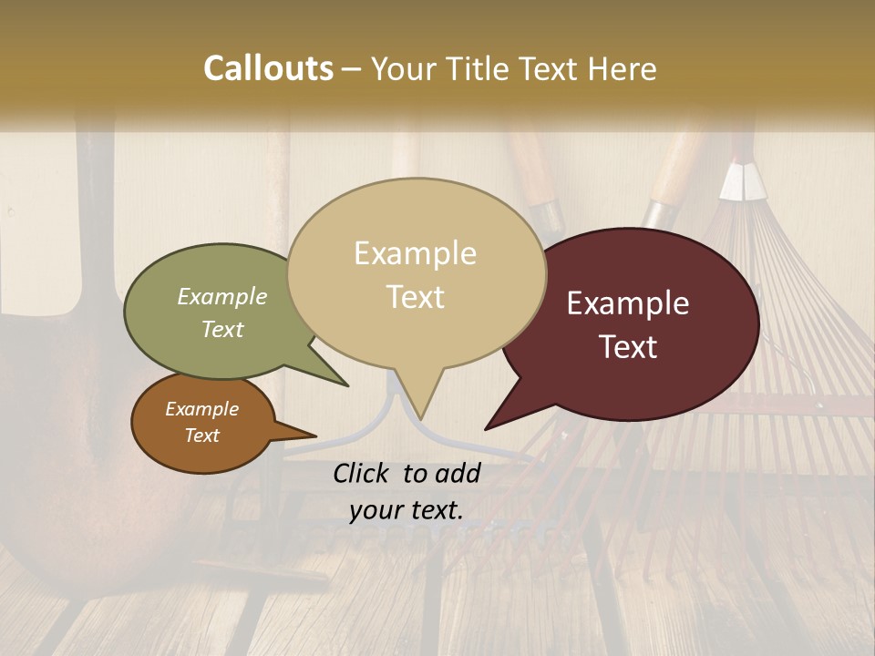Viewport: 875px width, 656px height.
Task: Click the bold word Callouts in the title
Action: click(x=268, y=68)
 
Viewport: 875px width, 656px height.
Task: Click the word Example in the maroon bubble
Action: click(x=628, y=303)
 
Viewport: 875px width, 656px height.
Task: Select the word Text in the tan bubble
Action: click(x=416, y=297)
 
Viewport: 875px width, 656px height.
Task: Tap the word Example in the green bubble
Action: click(x=222, y=296)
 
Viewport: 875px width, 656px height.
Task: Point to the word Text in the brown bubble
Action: click(x=202, y=436)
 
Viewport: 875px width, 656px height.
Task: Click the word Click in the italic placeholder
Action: click(x=364, y=473)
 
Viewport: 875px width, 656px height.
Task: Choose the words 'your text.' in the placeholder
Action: click(x=407, y=510)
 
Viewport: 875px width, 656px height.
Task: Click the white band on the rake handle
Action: click(x=740, y=182)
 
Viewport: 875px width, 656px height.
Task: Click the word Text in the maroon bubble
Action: click(x=628, y=347)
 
